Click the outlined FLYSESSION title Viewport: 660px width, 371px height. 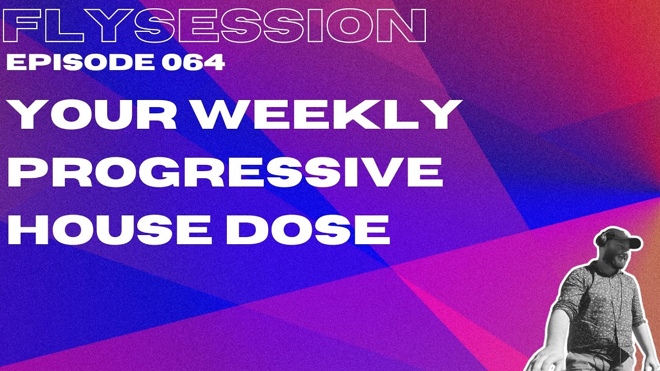[x=214, y=26]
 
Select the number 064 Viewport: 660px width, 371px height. [x=193, y=63]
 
